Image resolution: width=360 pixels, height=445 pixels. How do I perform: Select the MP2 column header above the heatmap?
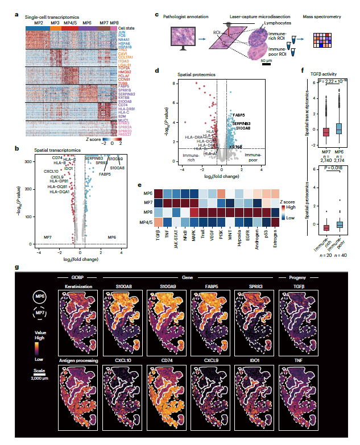point(38,23)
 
